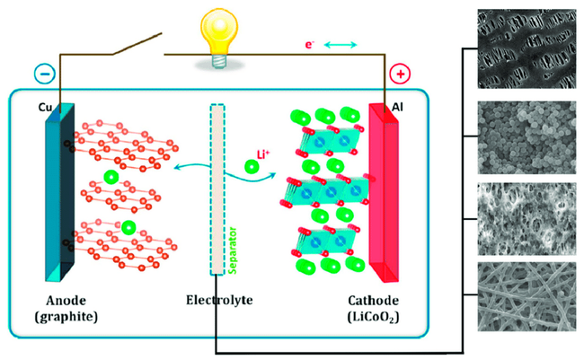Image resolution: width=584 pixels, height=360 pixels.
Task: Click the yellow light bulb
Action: tap(218, 38)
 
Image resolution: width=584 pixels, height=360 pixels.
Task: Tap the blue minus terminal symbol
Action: tap(45, 74)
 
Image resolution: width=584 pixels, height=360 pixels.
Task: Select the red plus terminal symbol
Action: tap(401, 75)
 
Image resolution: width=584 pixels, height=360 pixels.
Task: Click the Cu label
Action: tap(45, 107)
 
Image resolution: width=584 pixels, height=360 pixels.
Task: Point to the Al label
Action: tap(397, 107)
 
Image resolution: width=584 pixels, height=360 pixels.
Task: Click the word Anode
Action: tap(66, 301)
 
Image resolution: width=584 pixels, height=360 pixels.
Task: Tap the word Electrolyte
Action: tap(219, 300)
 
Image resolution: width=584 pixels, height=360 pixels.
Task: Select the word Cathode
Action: tap(373, 301)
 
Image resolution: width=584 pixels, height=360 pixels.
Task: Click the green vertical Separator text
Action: tap(233, 250)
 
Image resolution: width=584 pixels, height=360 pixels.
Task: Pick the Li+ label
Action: tap(263, 154)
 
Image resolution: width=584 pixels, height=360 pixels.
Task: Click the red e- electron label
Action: tap(309, 45)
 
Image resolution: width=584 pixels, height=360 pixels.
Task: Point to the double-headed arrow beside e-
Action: tap(341, 45)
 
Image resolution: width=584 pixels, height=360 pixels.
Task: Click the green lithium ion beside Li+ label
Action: tap(252, 166)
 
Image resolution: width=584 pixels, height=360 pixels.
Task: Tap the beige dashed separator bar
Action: tap(217, 189)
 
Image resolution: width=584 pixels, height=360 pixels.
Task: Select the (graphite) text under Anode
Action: tap(66, 317)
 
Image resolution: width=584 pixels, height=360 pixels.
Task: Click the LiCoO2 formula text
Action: tap(373, 318)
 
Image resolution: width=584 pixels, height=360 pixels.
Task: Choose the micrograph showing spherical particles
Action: tap(526, 137)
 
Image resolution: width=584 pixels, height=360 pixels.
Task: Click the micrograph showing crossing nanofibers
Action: tap(526, 297)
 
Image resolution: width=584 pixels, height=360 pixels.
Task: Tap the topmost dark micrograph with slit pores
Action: tap(526, 48)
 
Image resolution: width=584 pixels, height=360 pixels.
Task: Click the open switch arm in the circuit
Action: tap(137, 44)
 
